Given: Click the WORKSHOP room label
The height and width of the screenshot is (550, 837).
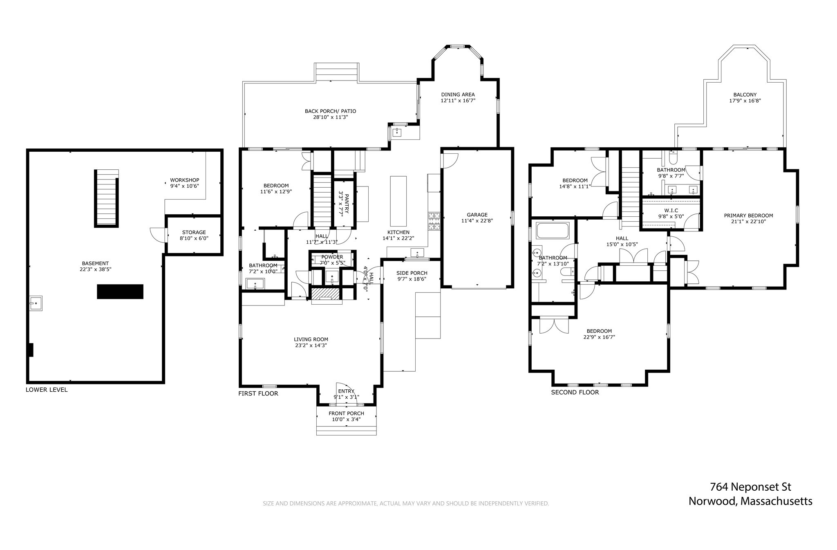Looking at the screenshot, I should click(x=184, y=180).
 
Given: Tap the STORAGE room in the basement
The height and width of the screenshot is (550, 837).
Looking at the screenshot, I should click(x=194, y=235).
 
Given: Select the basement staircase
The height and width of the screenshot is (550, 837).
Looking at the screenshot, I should click(x=107, y=198).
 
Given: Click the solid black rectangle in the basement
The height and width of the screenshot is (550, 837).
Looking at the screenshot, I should click(x=120, y=292).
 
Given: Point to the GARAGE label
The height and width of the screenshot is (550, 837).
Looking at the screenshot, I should click(x=477, y=215).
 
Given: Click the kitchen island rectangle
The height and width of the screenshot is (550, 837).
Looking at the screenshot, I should click(x=398, y=201).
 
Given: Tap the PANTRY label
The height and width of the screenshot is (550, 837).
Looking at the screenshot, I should click(x=346, y=204).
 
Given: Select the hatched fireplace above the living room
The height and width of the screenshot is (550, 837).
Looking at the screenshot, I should click(x=326, y=294).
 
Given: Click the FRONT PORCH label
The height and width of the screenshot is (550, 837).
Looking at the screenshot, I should click(x=346, y=413).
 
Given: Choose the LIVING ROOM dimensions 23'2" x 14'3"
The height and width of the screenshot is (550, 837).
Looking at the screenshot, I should click(x=311, y=346).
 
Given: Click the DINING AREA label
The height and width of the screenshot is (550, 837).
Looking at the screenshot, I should click(x=458, y=94).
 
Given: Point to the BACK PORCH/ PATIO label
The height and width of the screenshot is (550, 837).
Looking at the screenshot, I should click(x=330, y=111).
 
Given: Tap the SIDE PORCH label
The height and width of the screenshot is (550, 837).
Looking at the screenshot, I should click(x=412, y=273).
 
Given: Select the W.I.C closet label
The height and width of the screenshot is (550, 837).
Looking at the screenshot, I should click(x=671, y=211).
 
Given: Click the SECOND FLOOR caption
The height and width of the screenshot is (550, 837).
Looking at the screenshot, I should click(x=575, y=393).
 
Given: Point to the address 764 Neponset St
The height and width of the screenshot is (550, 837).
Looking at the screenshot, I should click(x=750, y=487).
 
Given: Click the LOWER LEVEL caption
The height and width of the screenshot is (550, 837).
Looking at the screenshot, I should click(x=47, y=390).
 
